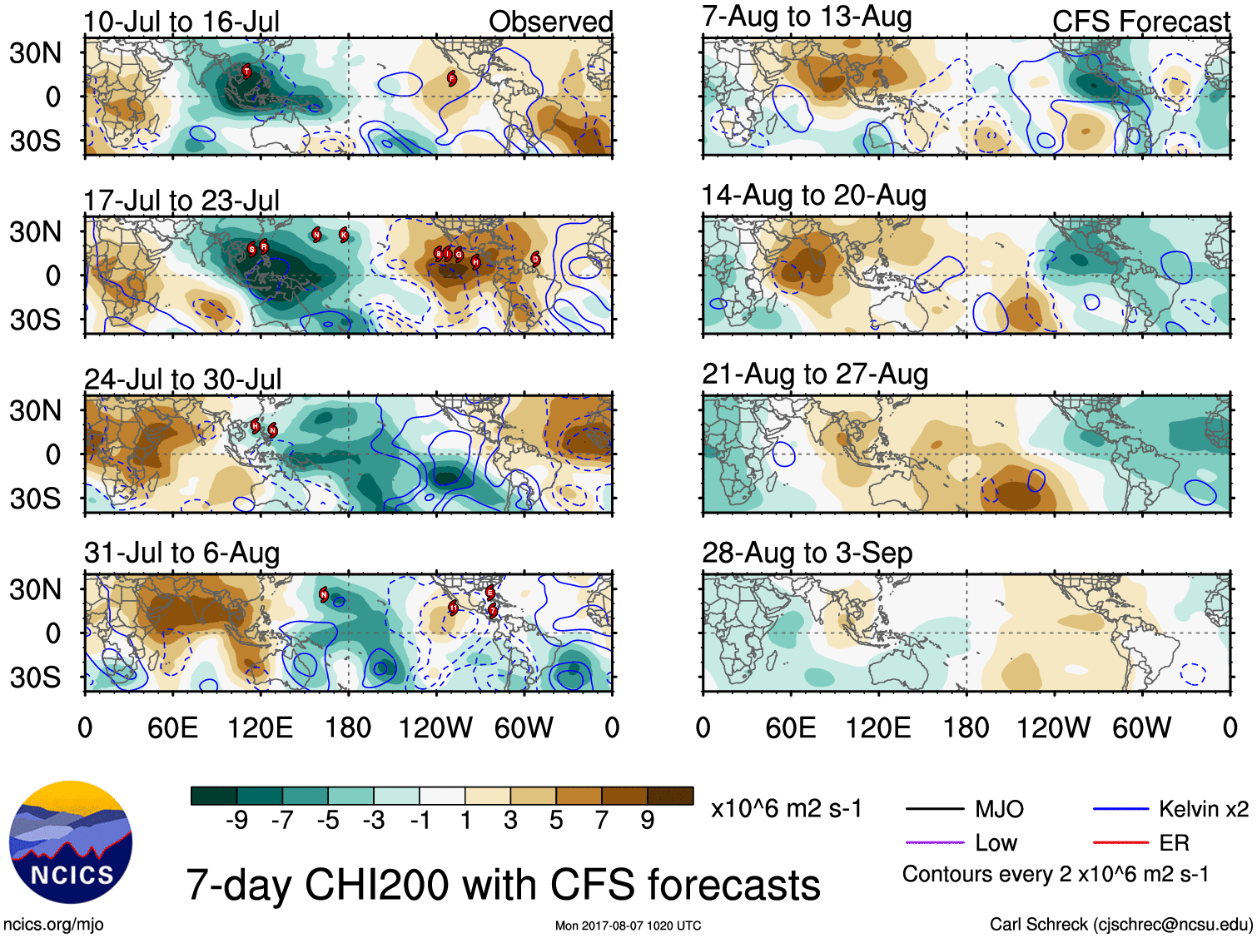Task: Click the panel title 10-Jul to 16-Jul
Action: point(181,22)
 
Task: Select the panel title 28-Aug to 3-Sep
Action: point(807,553)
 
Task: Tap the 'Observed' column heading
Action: point(550,22)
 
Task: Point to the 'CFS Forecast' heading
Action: point(1140,22)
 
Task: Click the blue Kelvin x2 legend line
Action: point(1120,808)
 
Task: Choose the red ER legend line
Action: point(1120,843)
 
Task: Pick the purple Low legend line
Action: point(935,843)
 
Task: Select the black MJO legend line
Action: point(935,808)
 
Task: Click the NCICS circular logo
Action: point(71,842)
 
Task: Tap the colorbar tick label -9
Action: point(237,821)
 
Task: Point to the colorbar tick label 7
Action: point(602,821)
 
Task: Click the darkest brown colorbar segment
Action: point(670,796)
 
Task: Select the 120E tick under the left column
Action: point(260,728)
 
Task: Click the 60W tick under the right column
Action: point(1141,728)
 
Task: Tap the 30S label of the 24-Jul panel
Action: point(35,499)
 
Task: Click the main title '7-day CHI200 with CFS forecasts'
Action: point(503,885)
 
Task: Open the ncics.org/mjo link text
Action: point(53,924)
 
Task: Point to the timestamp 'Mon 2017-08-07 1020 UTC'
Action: point(628,926)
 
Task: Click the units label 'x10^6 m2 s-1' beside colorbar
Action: point(786,808)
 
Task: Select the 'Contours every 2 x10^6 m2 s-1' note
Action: point(1055,875)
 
